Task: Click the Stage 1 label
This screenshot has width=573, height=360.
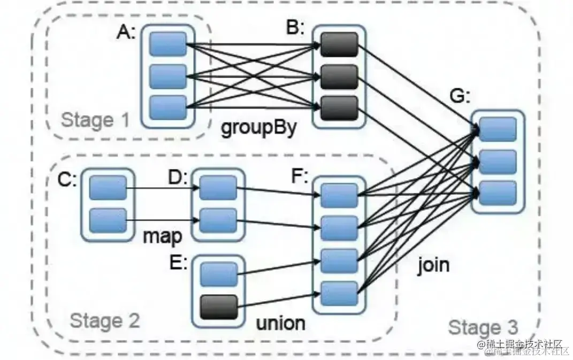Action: coord(95,120)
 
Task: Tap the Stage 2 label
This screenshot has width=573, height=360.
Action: coord(105,321)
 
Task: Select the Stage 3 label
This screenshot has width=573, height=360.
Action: coord(483,327)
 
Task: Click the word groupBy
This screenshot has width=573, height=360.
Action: coord(258,129)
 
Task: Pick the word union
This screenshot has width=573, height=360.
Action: coord(280,323)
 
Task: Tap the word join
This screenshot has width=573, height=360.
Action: coord(433,265)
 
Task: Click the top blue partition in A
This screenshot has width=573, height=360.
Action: coord(167,44)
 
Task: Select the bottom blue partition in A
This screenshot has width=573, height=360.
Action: coord(167,108)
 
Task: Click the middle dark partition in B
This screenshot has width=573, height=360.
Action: coord(339,76)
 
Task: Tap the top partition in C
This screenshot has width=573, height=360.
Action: coord(108,188)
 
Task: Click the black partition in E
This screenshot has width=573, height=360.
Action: coord(218,307)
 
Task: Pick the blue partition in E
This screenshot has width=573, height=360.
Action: coord(218,274)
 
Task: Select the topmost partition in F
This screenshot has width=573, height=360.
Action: coord(339,195)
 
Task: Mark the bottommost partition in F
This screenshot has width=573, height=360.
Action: coord(339,293)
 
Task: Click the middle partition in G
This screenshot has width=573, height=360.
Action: coord(498,162)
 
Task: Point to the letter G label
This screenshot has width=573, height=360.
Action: coord(460,98)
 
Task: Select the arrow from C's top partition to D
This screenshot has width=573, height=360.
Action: coord(163,188)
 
